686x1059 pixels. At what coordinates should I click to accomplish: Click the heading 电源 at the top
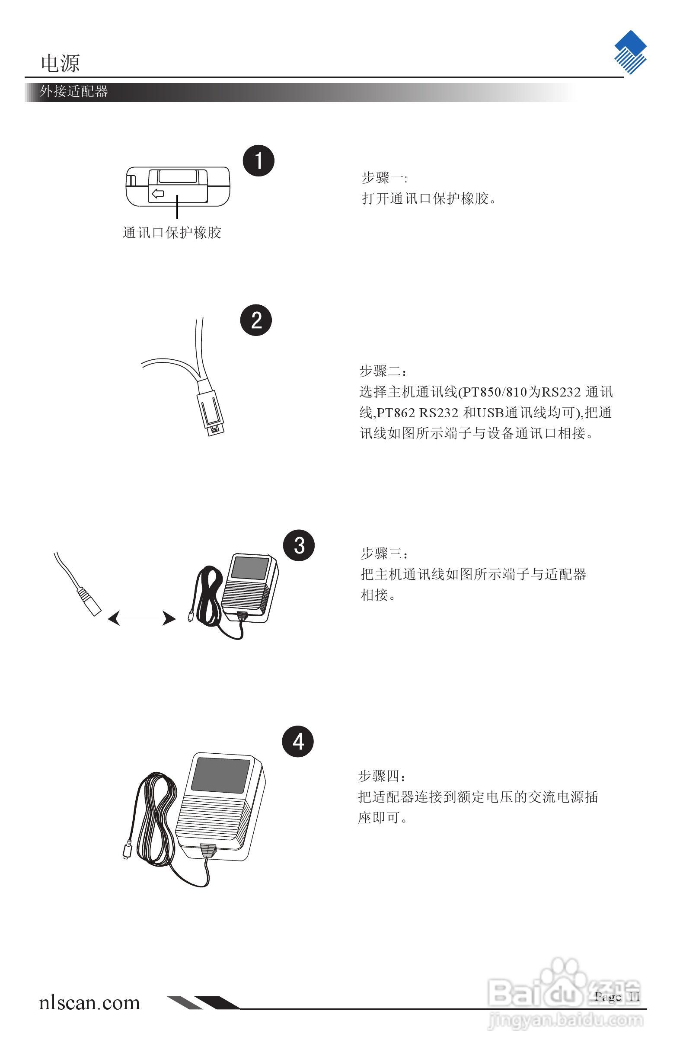click(x=60, y=64)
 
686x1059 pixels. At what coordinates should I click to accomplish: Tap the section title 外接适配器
click(x=73, y=92)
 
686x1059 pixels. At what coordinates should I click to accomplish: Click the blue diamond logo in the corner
click(x=630, y=52)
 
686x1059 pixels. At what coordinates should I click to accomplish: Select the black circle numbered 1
click(x=258, y=160)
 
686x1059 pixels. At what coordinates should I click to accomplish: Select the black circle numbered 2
click(x=256, y=320)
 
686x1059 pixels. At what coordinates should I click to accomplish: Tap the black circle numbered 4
click(x=298, y=742)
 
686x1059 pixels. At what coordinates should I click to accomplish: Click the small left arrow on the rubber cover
click(x=157, y=194)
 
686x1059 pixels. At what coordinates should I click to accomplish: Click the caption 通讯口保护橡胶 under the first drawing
click(x=172, y=233)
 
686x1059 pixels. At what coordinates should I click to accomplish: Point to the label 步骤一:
click(x=384, y=178)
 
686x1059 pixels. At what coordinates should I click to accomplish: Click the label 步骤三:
click(x=384, y=554)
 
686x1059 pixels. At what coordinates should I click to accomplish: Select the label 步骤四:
click(x=382, y=777)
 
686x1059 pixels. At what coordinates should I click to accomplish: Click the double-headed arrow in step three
click(x=141, y=618)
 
